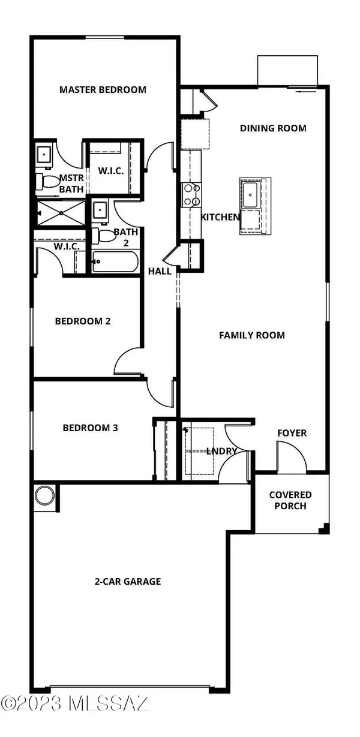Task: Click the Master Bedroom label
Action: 103,89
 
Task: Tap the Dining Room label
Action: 273,128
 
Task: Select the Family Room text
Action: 252,335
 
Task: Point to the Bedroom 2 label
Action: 83,321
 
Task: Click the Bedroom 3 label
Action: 90,428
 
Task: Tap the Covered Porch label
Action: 290,500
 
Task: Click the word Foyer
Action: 292,433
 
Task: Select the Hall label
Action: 160,271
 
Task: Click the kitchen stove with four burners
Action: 191,195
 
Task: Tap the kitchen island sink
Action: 250,195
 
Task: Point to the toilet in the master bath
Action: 47,181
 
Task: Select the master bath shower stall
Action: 61,213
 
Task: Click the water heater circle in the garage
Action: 45,496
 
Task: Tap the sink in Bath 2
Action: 100,210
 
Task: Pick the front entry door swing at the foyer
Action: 292,457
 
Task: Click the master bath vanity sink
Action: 43,154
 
